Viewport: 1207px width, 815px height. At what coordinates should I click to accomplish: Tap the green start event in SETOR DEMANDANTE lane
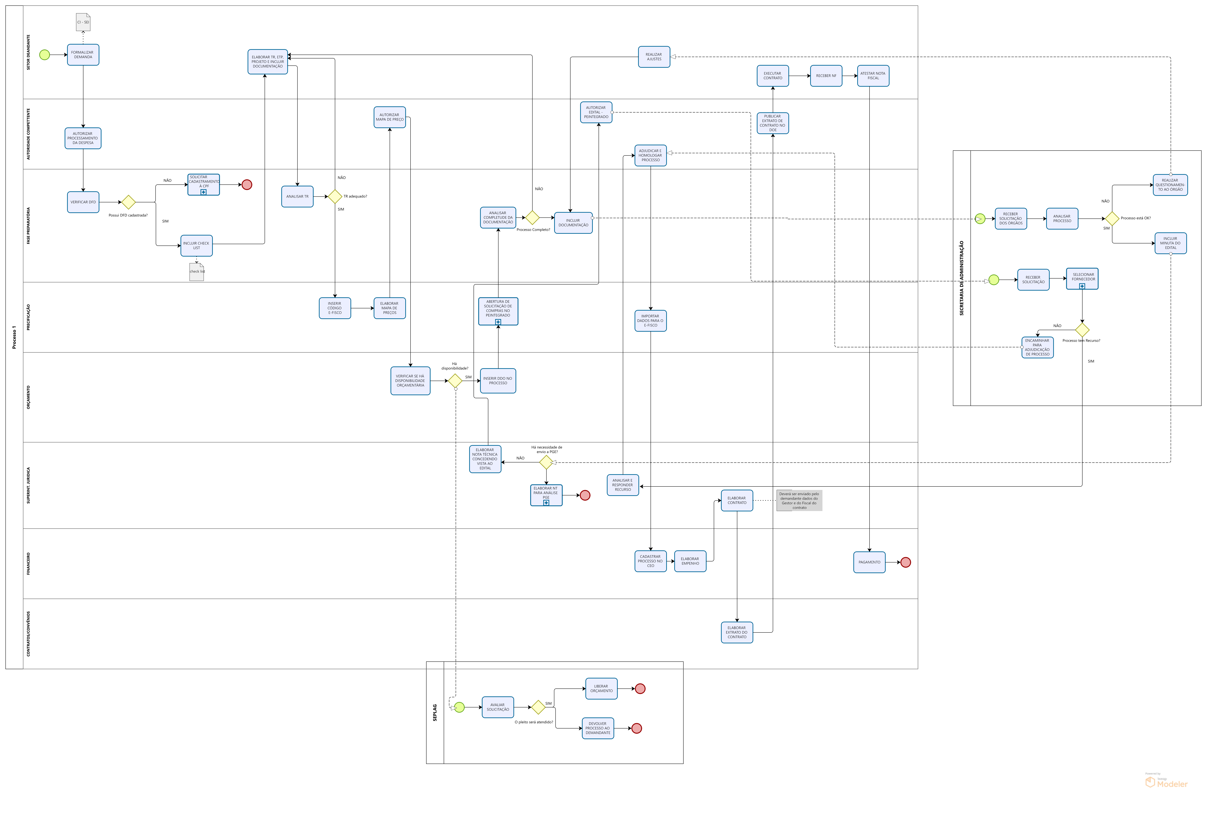45,55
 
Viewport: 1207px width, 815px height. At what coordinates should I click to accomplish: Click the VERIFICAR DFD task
83,202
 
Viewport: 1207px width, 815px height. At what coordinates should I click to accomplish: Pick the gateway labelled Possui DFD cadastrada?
128,202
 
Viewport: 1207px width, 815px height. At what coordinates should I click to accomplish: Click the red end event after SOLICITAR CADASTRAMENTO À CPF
247,185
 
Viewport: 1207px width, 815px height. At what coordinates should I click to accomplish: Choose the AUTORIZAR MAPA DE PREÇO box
389,117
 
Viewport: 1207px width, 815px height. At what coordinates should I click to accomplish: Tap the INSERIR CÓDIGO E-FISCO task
335,308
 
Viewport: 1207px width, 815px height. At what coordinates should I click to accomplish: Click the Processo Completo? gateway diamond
532,217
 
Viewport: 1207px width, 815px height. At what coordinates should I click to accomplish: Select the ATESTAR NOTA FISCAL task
873,76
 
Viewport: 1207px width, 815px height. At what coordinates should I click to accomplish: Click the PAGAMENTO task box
869,562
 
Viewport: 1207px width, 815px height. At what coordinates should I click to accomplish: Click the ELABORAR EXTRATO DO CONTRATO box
737,632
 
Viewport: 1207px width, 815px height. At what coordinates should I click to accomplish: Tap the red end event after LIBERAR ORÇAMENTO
640,689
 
